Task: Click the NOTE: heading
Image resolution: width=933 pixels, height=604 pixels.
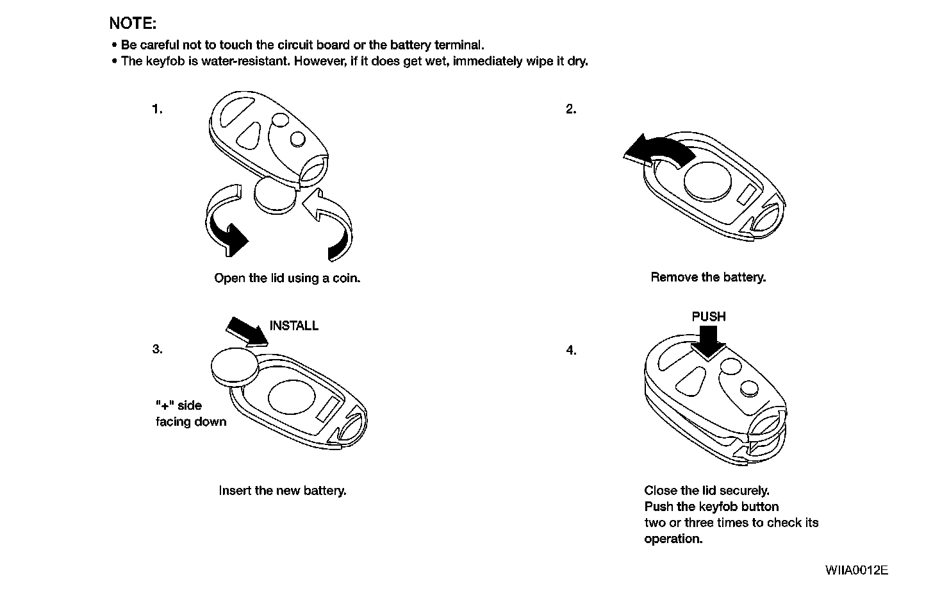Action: click(133, 24)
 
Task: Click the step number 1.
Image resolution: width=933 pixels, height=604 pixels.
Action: click(157, 109)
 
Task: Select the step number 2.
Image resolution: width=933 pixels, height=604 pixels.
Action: click(571, 109)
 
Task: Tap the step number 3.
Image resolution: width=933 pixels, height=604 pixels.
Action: click(157, 349)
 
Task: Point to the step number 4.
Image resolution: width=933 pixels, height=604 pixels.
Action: click(571, 350)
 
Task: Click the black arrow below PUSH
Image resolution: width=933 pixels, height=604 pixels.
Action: click(708, 340)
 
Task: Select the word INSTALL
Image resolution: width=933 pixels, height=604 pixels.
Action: click(294, 326)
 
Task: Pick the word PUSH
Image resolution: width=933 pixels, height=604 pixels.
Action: click(709, 317)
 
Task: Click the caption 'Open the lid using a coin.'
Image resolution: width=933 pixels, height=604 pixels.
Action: click(287, 278)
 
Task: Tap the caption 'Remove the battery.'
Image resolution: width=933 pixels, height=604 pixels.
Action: click(708, 277)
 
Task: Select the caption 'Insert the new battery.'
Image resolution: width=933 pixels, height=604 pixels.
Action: click(283, 491)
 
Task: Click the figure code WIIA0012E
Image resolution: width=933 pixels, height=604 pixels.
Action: click(857, 570)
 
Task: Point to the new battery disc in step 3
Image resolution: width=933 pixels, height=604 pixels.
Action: click(234, 367)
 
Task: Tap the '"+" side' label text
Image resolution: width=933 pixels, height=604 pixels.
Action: click(179, 405)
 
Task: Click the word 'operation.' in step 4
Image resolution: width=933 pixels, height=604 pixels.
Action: click(673, 539)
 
